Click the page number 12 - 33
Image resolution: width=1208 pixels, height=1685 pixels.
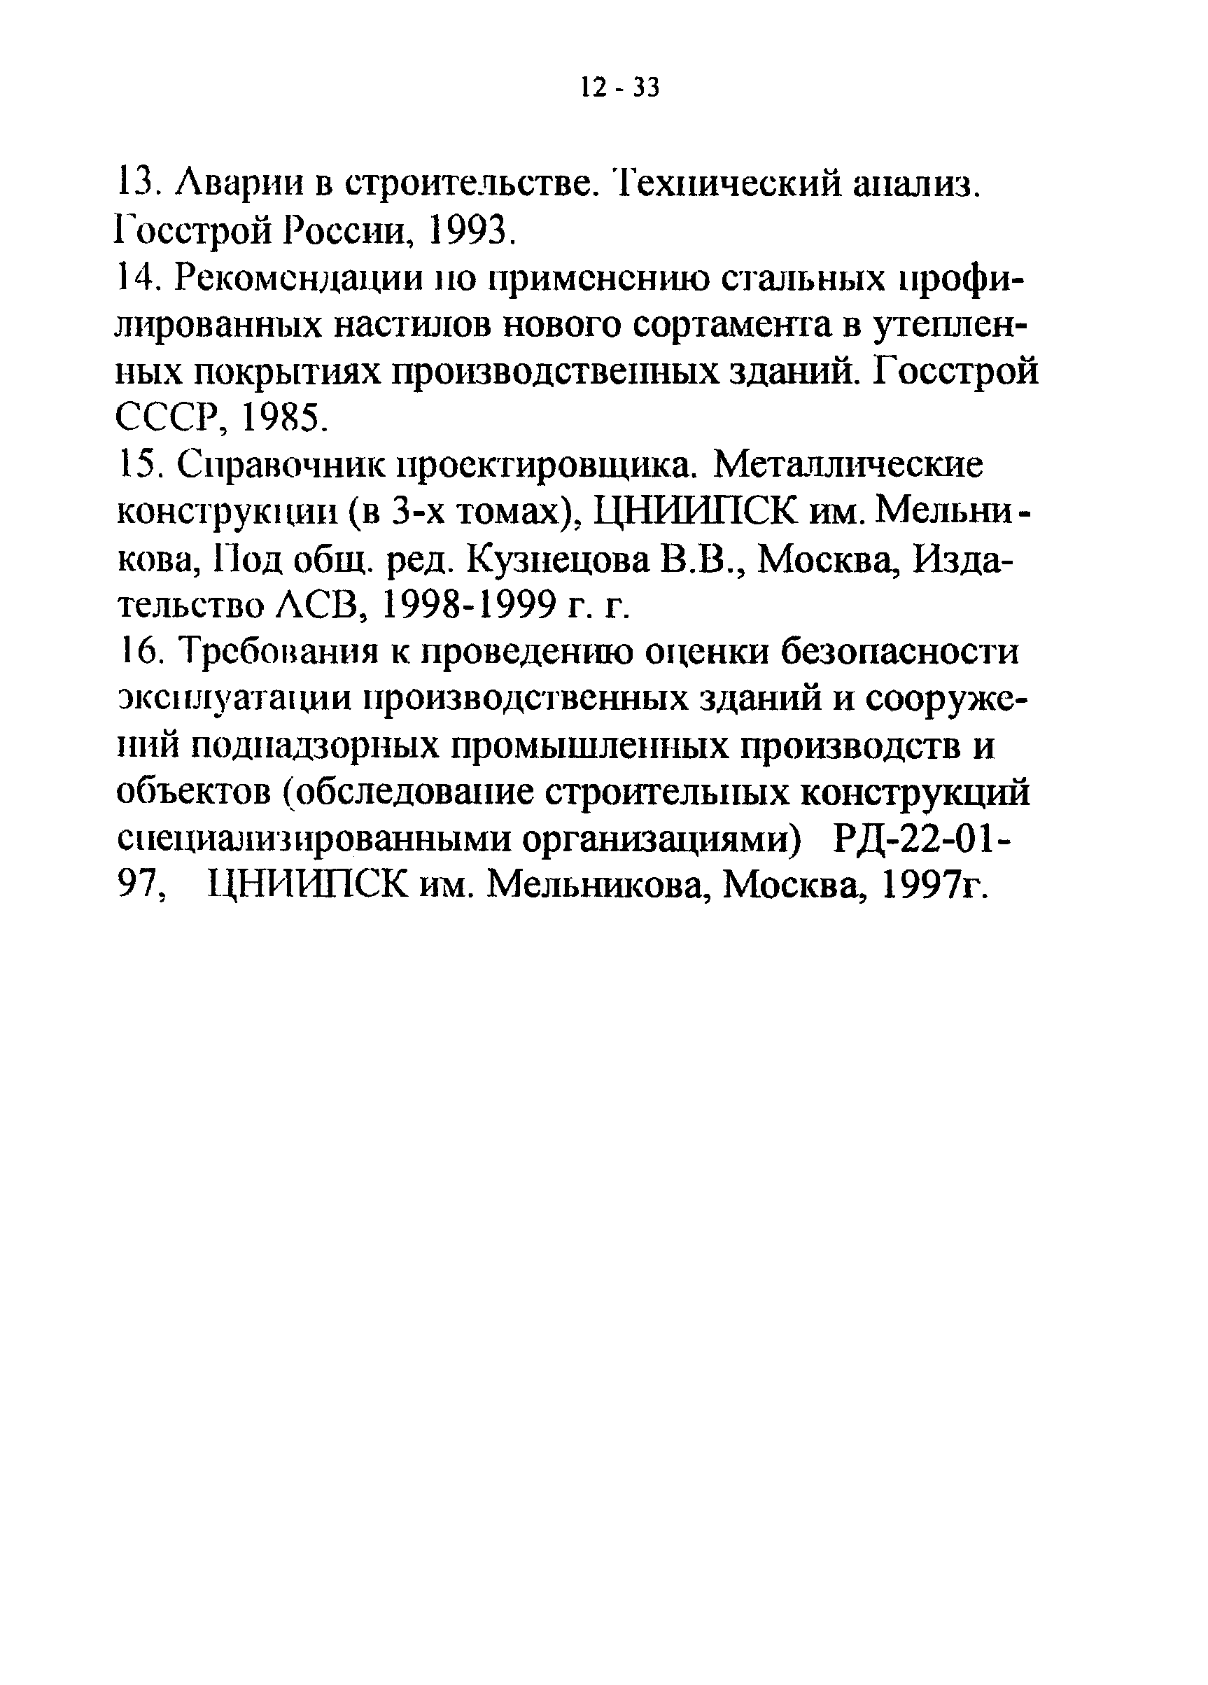pos(619,88)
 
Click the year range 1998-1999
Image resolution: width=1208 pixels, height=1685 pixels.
pos(469,607)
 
